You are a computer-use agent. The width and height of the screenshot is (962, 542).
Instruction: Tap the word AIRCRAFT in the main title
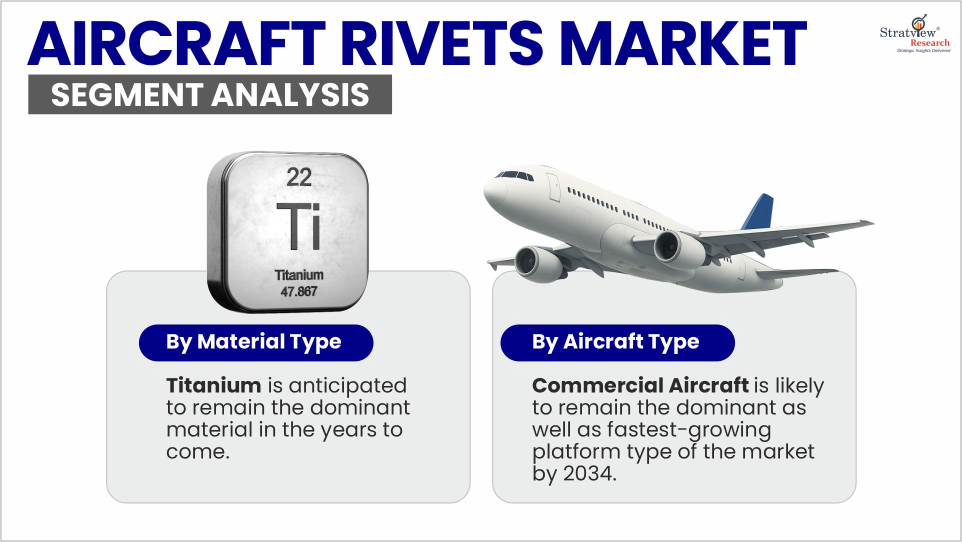click(177, 43)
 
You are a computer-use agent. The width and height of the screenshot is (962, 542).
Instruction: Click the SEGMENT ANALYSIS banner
click(210, 94)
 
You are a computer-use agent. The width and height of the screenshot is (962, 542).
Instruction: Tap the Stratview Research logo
click(915, 34)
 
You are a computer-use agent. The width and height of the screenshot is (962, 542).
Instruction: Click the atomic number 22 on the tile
click(299, 177)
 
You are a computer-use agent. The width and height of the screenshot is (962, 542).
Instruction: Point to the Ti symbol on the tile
click(298, 226)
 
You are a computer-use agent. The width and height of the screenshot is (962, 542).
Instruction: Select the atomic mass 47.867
click(299, 291)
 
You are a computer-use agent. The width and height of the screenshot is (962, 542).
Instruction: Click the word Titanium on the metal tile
click(299, 275)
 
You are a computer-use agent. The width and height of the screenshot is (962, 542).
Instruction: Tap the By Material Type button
click(256, 342)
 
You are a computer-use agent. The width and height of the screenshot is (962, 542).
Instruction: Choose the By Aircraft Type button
click(617, 342)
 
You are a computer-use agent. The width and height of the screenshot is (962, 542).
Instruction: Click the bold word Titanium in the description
click(214, 385)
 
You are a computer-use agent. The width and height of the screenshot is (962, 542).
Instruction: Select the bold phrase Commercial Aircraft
click(640, 385)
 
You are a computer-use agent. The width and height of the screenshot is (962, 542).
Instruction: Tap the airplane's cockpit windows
click(514, 175)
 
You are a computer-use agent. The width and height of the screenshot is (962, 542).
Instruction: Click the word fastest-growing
click(689, 430)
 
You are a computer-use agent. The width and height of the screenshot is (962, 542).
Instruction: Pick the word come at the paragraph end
click(198, 452)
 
